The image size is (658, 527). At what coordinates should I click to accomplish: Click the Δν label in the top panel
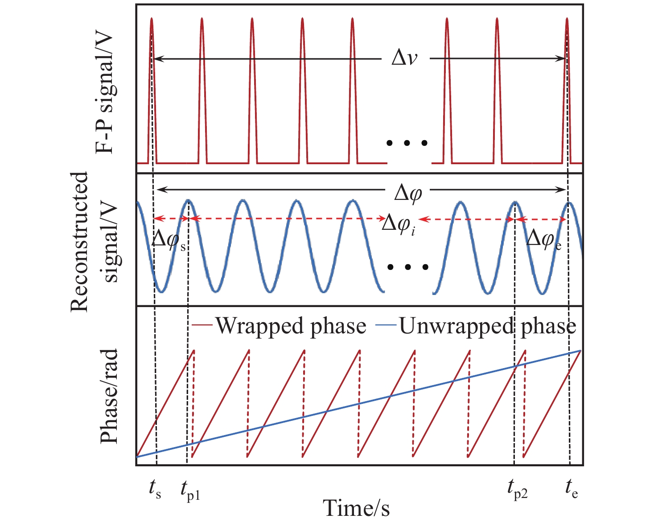click(404, 58)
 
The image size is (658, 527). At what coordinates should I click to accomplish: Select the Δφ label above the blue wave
click(408, 193)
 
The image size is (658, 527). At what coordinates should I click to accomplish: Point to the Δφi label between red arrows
click(399, 225)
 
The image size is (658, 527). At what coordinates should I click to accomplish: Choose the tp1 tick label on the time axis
click(190, 490)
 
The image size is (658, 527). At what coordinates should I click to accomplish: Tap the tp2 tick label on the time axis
click(517, 490)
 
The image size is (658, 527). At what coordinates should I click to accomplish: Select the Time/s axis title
click(356, 508)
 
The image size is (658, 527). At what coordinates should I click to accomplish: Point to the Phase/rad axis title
click(109, 396)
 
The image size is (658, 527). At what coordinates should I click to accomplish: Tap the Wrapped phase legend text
click(291, 326)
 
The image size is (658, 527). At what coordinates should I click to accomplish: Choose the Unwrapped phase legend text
click(487, 326)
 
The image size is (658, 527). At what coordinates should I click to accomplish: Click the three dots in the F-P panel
click(407, 143)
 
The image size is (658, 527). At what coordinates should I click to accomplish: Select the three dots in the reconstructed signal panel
click(407, 267)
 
